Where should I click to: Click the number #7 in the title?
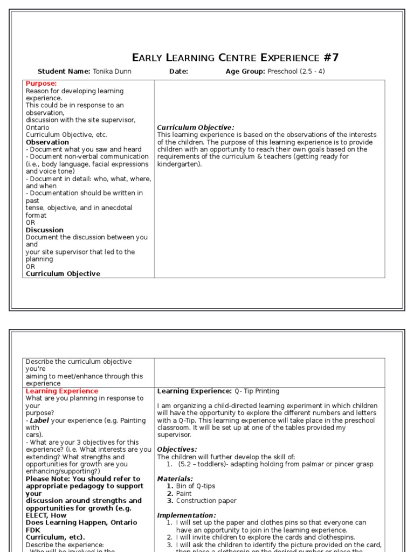tap(329, 58)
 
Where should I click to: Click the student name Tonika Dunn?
tap(112, 72)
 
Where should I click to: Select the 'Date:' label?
tap(178, 72)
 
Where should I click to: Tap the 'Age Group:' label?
tap(245, 72)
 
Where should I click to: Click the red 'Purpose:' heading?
tap(41, 84)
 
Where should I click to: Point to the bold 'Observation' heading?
tap(47, 142)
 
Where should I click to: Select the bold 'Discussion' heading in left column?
tap(45, 230)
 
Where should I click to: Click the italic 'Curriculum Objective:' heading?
tap(196, 128)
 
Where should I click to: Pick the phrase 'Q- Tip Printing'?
tap(257, 391)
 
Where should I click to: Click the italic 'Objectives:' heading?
tap(177, 450)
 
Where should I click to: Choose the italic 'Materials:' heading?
tap(175, 479)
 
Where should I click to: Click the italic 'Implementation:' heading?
tap(186, 515)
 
